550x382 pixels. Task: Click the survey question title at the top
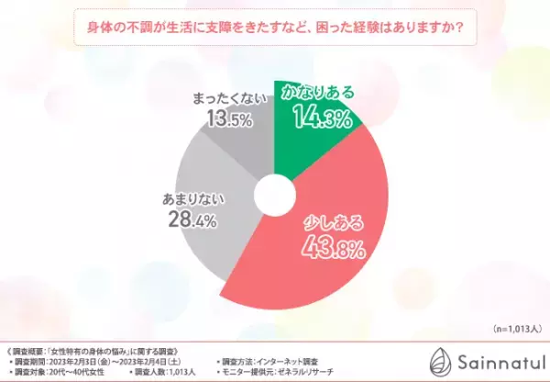click(274, 28)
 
